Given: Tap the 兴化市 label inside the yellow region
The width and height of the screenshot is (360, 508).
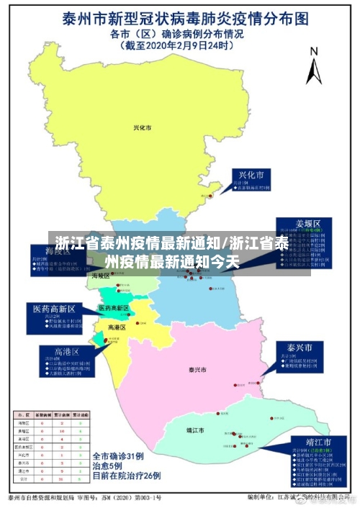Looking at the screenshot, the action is pyautogui.click(x=143, y=127).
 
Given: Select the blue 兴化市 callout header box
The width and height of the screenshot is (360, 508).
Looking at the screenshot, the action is pyautogui.click(x=251, y=175).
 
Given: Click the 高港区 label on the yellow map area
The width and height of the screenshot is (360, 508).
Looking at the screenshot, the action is pyautogui.click(x=117, y=327).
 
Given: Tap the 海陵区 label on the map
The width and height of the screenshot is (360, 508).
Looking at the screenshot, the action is pyautogui.click(x=100, y=276).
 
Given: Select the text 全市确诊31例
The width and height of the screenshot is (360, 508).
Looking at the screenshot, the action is pyautogui.click(x=119, y=455).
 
